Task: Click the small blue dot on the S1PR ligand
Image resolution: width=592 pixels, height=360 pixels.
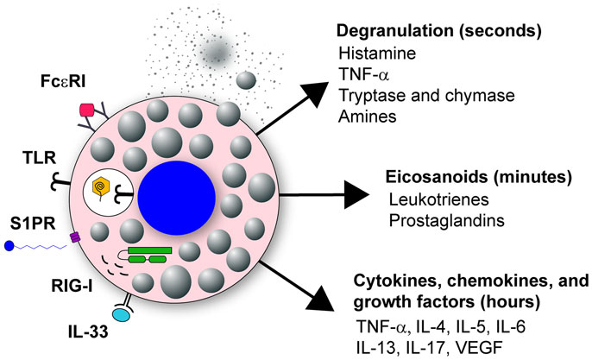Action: point(8,245)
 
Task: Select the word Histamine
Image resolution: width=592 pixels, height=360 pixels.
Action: point(372,54)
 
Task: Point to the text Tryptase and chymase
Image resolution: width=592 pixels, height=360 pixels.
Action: point(413,94)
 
